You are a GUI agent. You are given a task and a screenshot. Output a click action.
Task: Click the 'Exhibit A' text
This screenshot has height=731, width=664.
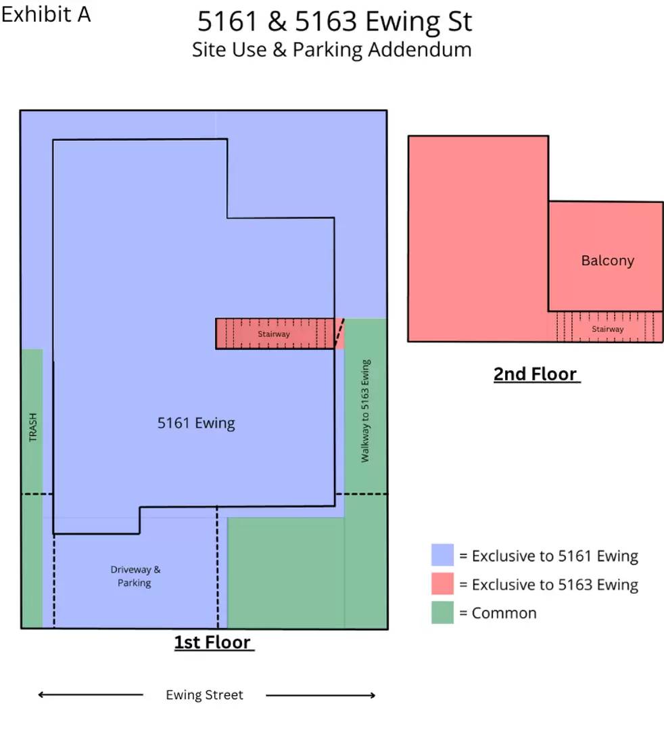coord(45,14)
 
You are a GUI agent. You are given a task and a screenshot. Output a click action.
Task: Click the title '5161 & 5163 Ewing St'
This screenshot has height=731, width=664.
coord(335,22)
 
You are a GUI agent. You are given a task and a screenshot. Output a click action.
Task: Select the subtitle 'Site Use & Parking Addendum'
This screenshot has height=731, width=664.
coord(331,50)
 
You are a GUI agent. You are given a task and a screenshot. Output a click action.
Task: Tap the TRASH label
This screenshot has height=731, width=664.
coord(32,427)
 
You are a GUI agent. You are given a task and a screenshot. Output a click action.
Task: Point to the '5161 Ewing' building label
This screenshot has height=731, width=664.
coord(196,423)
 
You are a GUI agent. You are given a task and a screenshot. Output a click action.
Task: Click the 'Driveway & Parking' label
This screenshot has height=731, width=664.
coord(135,576)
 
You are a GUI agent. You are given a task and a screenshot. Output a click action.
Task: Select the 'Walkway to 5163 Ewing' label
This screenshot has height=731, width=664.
coord(365,411)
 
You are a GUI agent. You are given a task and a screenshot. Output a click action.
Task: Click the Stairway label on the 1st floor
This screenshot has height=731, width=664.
coord(274,334)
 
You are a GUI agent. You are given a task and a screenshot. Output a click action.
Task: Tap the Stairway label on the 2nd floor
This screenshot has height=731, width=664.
coord(608,329)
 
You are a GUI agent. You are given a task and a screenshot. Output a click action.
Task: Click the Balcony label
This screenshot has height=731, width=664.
coord(608,260)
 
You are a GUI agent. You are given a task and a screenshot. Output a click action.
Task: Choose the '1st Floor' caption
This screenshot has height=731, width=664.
coord(213,642)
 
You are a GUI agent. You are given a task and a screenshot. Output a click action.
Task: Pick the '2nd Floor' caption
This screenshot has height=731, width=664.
coord(536,374)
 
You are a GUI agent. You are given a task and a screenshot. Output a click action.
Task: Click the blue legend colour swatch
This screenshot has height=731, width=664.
coord(442,555)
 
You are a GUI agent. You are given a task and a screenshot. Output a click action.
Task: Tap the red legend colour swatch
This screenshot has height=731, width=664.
coord(442,583)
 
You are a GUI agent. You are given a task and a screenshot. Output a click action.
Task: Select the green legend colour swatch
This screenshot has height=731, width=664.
coord(442,612)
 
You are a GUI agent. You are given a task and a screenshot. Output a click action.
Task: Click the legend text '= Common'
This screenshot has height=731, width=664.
coord(498,613)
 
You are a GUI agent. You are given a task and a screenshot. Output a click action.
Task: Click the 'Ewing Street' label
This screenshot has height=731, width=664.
coord(204,694)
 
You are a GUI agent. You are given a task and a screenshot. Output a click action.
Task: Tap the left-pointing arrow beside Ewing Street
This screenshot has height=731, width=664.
coord(91,694)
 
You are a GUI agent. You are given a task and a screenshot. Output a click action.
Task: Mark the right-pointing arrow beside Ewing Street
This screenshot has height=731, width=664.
coord(321,695)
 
